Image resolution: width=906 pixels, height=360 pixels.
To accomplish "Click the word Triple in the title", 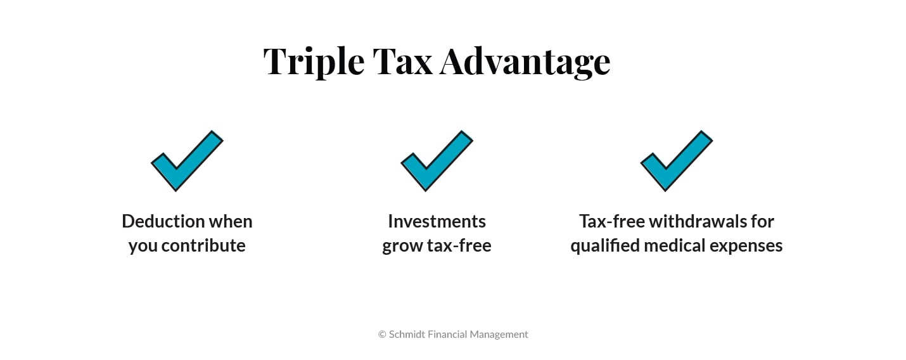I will (314, 61).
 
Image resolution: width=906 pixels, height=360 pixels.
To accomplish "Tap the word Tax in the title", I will (402, 61).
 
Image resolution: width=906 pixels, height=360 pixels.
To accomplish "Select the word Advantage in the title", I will (525, 61).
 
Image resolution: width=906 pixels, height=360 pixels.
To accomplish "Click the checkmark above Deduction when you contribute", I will (186, 161).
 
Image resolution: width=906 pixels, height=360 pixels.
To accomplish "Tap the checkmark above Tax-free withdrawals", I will (676, 161).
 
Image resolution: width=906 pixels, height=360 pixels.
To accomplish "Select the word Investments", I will (437, 221).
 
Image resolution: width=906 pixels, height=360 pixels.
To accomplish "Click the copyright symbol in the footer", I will (382, 334).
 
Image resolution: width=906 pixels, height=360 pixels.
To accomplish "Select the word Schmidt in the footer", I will (407, 334).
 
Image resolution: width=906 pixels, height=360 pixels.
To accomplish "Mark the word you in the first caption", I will (143, 245).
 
